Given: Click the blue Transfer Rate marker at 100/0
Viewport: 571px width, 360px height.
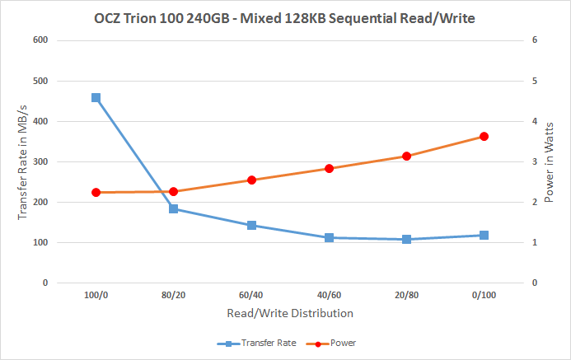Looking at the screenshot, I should coord(96,97).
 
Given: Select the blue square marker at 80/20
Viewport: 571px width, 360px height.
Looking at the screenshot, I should coord(174,208).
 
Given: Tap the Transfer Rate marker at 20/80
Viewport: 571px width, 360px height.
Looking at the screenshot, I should coord(406,240).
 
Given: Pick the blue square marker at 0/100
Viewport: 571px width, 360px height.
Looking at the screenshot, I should coord(484,235).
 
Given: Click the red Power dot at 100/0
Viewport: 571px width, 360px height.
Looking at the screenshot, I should coord(96,192).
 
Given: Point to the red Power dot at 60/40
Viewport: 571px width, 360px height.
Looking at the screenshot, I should coord(251,180).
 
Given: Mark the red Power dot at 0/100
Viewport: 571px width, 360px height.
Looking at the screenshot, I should coord(484,137).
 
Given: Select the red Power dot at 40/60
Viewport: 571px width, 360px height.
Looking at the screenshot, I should coord(329,168).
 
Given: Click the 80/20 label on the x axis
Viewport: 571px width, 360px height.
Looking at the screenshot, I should coord(174,294).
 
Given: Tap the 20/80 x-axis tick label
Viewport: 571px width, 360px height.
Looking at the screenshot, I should coord(406,294).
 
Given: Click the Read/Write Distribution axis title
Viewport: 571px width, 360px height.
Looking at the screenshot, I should coord(289,313).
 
